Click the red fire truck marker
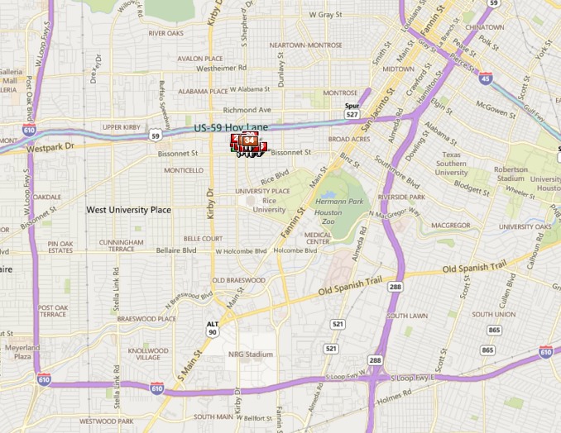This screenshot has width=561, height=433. pos(248,144)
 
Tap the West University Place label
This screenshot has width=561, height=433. pos(129,210)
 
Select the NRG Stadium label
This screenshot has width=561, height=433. pos(250,354)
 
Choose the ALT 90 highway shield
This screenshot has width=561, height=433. pos(213,328)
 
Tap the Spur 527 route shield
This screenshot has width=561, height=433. pos(352,111)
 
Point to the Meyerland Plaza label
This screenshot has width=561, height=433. pos(22,351)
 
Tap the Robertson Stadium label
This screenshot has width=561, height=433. pos(511,174)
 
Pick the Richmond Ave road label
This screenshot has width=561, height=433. pos(247,109)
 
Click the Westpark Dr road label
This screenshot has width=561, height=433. pos(50,147)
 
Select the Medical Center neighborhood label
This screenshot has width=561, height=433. pos(318,238)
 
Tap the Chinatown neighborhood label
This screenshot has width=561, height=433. pos(485,27)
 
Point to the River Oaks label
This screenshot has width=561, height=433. pos(165,33)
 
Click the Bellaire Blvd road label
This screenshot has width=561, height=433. pos(178,250)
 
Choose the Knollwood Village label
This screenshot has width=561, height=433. pos(148,354)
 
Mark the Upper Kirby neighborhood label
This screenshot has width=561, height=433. pos(124,127)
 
